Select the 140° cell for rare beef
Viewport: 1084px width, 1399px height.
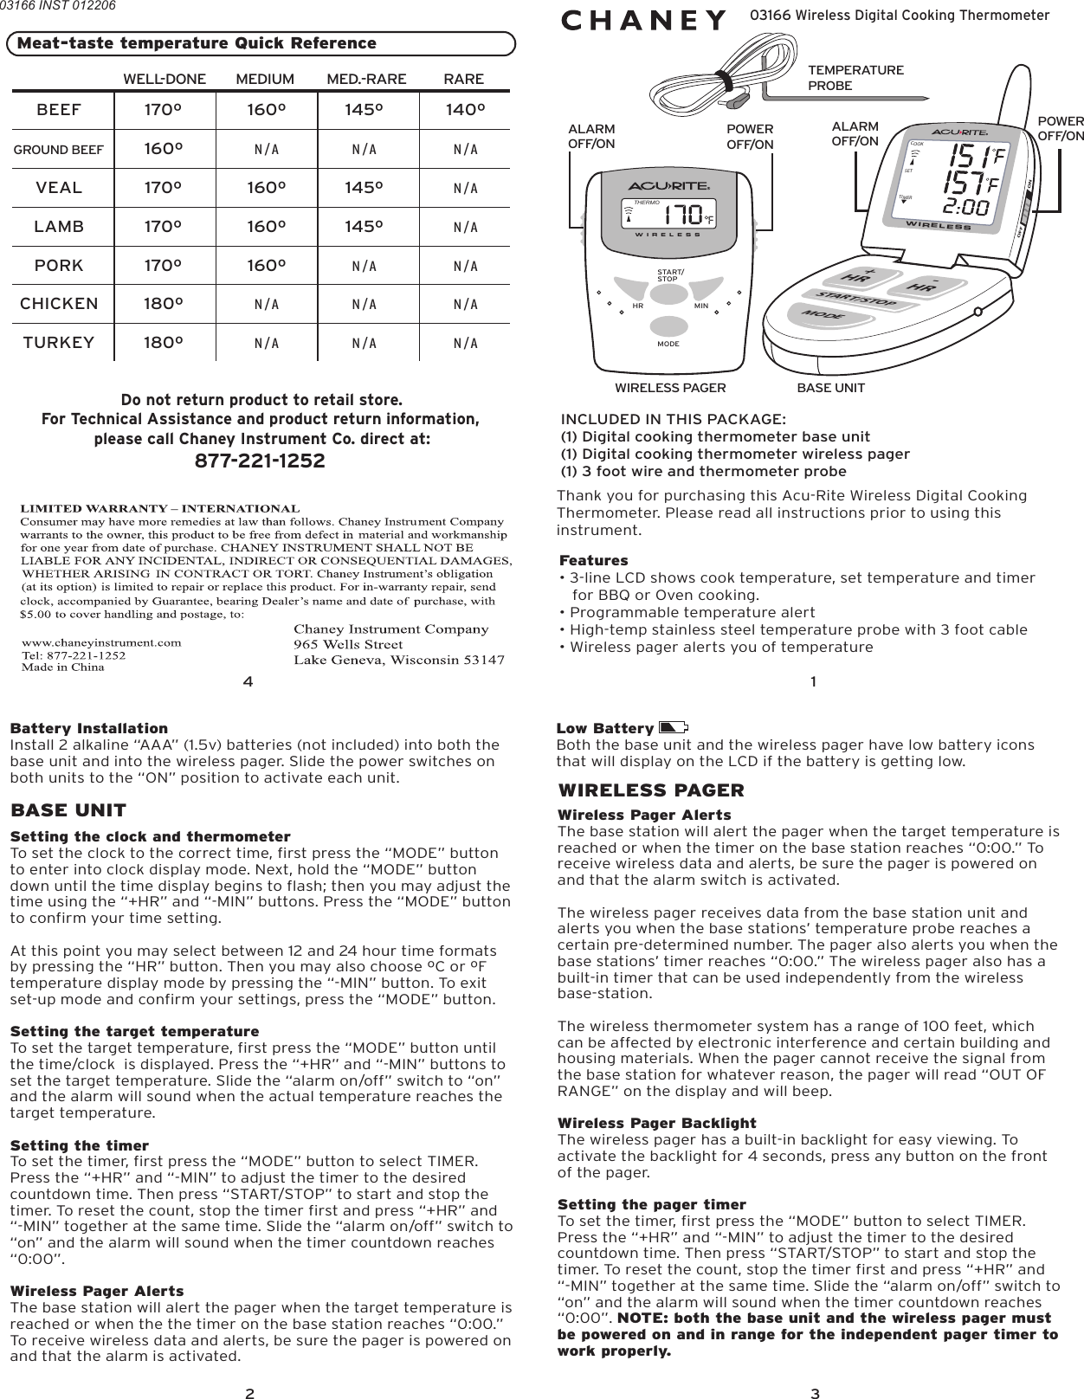coord(463,110)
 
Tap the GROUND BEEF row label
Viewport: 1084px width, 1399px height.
coord(59,150)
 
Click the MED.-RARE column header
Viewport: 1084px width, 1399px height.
coord(366,80)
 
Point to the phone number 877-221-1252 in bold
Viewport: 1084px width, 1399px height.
coord(261,461)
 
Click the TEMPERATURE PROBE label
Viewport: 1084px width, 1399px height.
coord(855,78)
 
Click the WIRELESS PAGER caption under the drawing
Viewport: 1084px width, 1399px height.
coord(670,388)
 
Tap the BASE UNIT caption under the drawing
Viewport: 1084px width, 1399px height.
coord(830,388)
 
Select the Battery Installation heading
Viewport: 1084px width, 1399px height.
coord(89,728)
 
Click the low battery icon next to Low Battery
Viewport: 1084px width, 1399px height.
coord(673,727)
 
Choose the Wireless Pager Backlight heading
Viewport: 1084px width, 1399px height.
coord(656,1123)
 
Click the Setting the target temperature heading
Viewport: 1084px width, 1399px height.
coord(134,1031)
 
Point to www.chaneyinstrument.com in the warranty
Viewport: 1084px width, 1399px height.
coord(101,642)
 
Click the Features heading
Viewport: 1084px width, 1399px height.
coord(594,561)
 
